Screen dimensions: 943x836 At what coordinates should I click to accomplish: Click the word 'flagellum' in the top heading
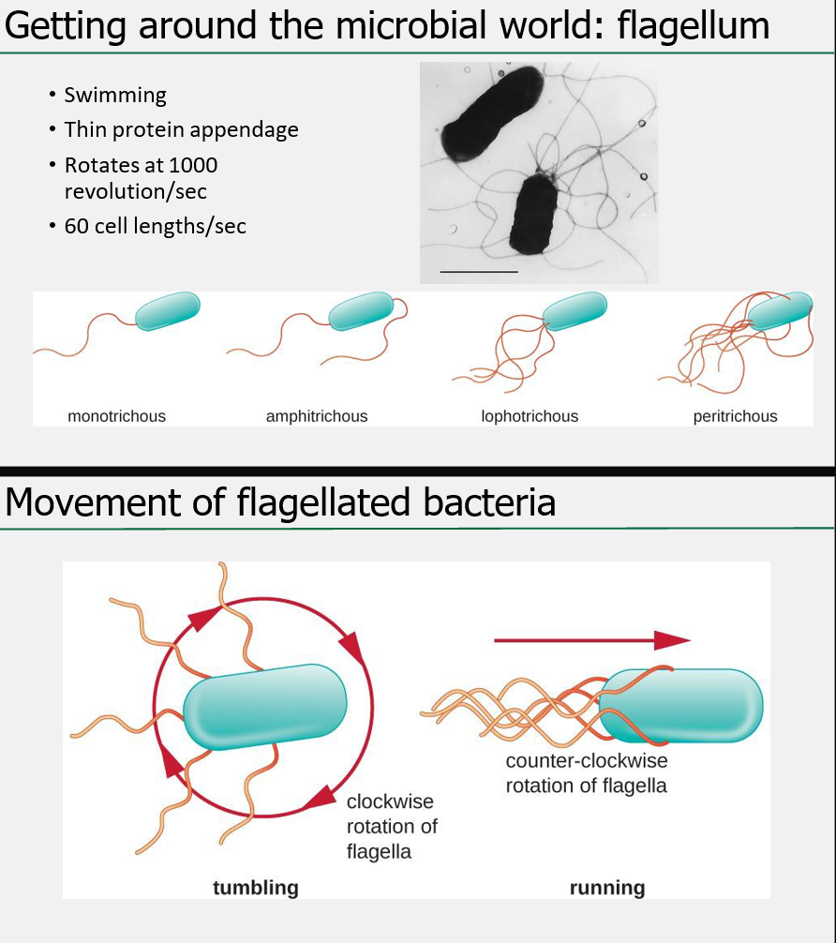694,25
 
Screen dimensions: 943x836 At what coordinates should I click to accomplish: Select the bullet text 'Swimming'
115,95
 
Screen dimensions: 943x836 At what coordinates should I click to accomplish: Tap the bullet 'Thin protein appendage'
181,129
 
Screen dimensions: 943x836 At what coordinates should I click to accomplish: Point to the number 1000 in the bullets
193,165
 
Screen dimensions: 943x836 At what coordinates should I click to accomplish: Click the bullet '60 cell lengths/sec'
155,226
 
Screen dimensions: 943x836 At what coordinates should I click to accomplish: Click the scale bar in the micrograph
478,272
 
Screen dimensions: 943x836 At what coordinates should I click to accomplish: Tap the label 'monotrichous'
116,416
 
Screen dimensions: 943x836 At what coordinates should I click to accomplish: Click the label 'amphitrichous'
317,416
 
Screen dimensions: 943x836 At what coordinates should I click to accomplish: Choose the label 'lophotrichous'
530,416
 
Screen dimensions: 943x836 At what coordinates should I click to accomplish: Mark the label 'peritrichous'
735,416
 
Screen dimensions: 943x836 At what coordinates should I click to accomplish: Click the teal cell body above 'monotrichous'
168,311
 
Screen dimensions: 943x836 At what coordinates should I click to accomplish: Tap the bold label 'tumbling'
255,887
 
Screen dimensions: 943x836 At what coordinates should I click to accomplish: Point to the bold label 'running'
607,887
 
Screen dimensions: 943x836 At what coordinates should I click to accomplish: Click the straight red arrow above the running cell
591,640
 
